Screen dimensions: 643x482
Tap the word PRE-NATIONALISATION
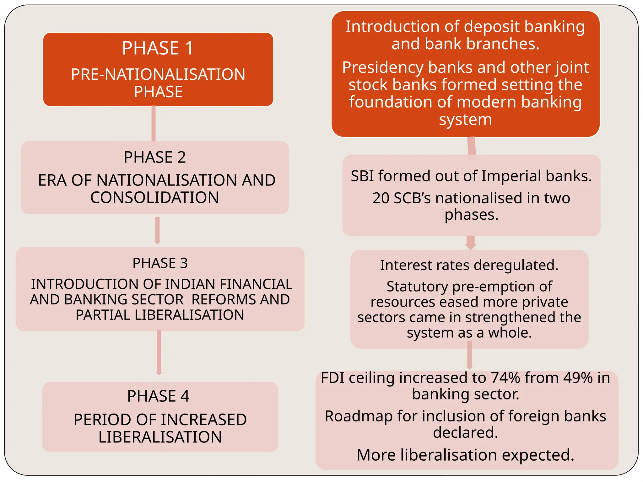(x=158, y=75)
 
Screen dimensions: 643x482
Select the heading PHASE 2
(x=155, y=157)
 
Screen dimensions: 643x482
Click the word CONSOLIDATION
(x=154, y=198)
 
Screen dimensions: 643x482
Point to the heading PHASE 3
(x=160, y=263)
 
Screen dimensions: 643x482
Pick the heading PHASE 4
(x=158, y=396)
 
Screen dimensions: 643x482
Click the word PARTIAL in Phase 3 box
(x=103, y=315)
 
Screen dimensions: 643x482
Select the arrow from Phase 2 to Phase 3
(x=157, y=231)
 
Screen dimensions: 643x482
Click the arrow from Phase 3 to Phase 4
(x=159, y=353)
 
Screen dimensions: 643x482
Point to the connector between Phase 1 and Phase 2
(x=154, y=124)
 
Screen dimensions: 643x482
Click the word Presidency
(x=383, y=67)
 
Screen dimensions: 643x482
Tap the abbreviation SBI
(x=362, y=176)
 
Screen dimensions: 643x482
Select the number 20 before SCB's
(x=381, y=198)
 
